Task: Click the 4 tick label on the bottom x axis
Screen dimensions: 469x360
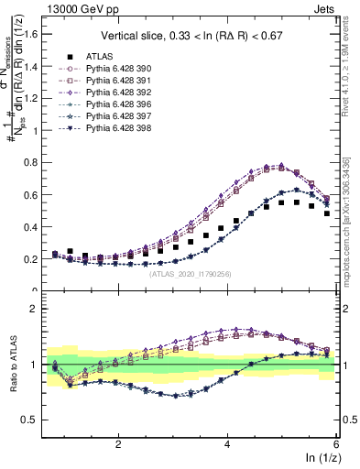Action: pyautogui.click(x=227, y=442)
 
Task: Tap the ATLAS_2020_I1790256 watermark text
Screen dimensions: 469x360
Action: pyautogui.click(x=191, y=272)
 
